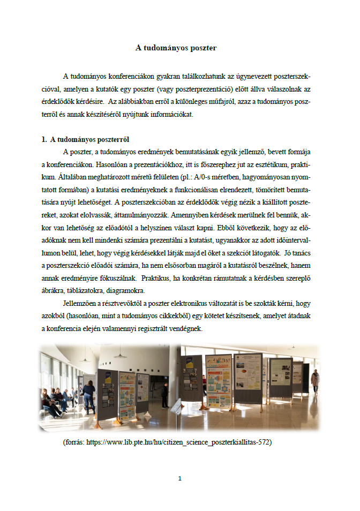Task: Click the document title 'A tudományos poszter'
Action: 176,48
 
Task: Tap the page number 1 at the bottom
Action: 180,478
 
